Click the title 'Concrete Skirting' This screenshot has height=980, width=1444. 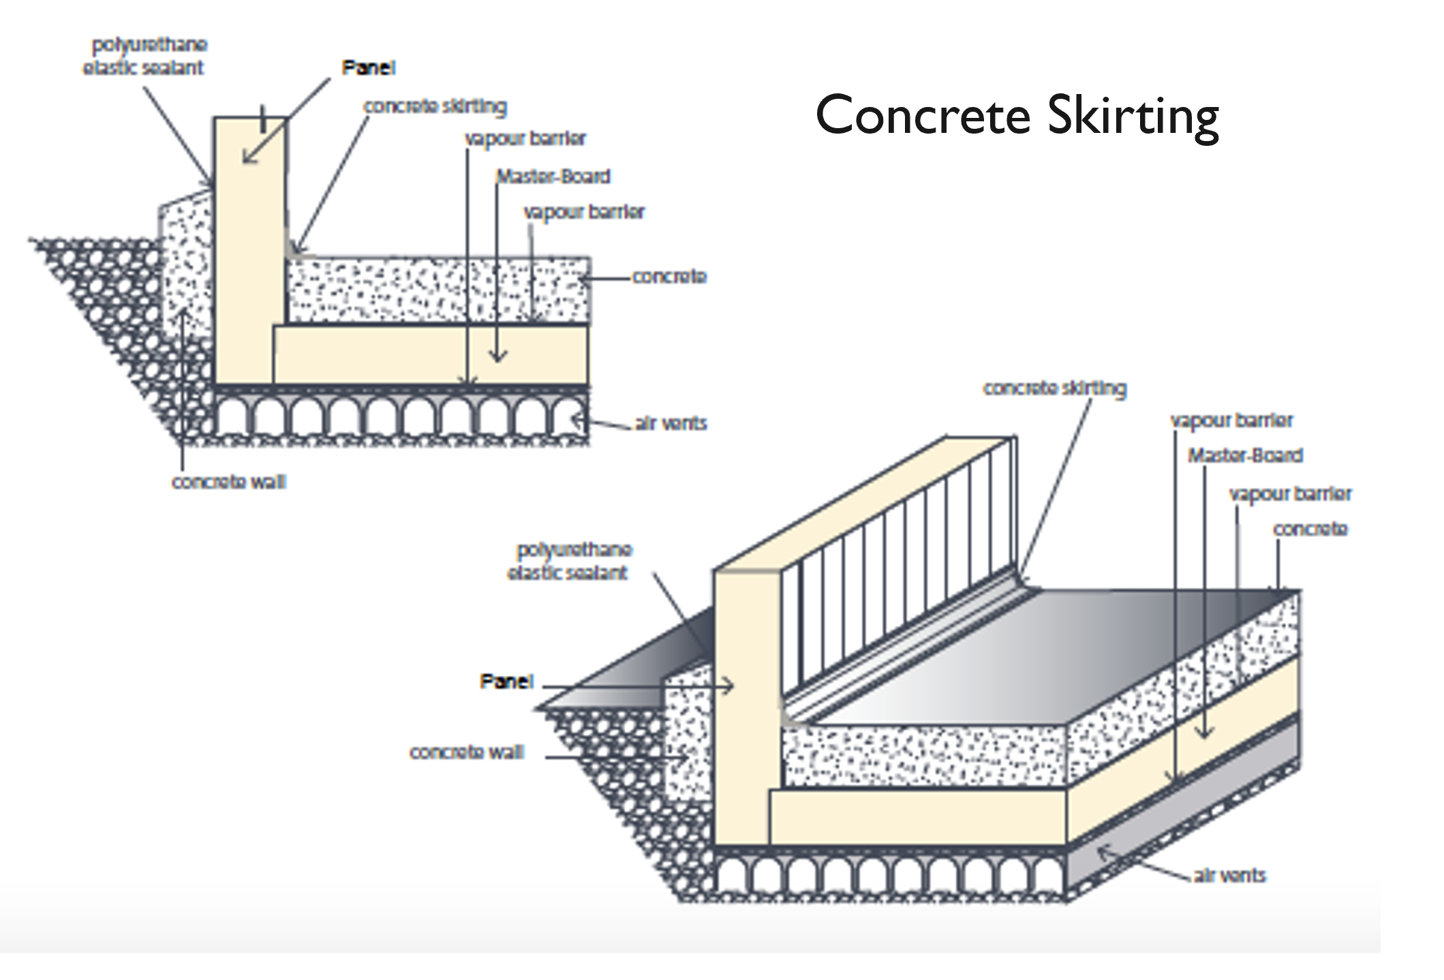coord(1017,116)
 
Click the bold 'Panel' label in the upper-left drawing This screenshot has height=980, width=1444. coord(368,67)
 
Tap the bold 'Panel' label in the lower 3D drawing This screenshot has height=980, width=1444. coord(506,682)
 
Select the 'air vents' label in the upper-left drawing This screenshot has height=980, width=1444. coord(671,423)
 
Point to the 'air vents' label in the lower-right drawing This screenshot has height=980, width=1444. coord(1229,876)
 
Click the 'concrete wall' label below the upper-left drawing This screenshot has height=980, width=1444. coord(229,482)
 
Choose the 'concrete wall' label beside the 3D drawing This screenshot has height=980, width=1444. coord(466,752)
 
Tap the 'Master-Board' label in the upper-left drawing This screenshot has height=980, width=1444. coord(553,177)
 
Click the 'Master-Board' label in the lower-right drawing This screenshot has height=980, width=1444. coord(1245,455)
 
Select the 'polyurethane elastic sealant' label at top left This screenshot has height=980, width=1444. coord(144,56)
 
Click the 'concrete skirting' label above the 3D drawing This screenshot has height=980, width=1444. coord(1054,388)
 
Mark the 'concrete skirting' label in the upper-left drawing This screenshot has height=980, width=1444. coord(435,106)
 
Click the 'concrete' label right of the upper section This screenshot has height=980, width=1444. coord(669,277)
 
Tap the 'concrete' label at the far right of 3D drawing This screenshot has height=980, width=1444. coord(1310,529)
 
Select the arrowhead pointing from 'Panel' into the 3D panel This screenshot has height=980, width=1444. coord(729,686)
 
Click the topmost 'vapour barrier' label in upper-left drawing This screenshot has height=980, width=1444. coord(525,138)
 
